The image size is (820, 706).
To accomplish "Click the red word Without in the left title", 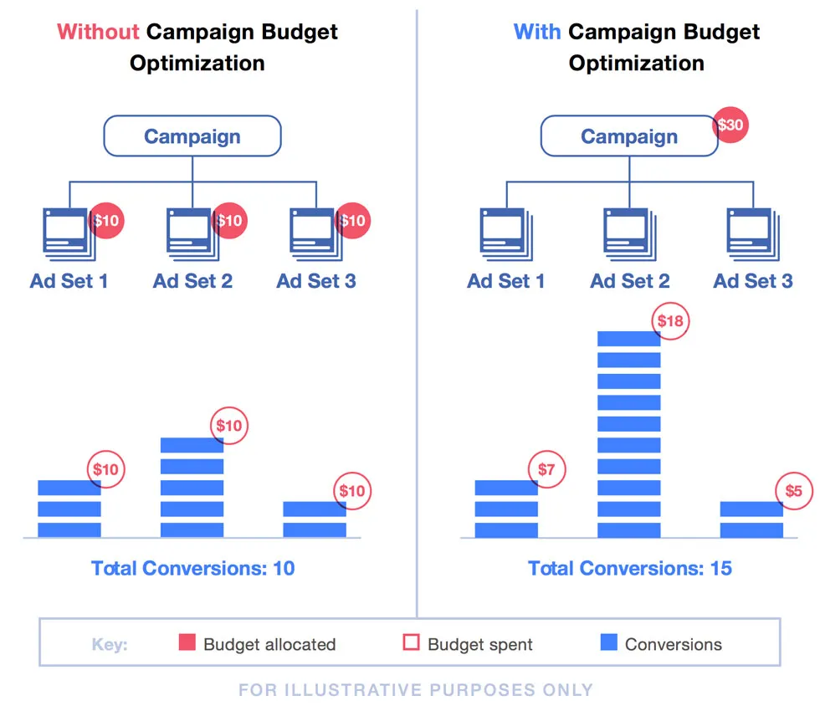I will pyautogui.click(x=98, y=33).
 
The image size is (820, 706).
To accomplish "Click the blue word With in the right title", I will pyautogui.click(x=537, y=33).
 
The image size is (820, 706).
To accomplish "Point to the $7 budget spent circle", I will pyautogui.click(x=546, y=470).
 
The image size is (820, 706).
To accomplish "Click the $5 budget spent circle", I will pyautogui.click(x=793, y=490).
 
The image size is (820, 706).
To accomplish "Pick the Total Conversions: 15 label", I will pyautogui.click(x=630, y=569).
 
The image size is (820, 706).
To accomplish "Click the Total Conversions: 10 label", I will pyautogui.click(x=192, y=569).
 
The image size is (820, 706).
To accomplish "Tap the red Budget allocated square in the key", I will pyautogui.click(x=187, y=642).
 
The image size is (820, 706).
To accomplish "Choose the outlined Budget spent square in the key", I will pyautogui.click(x=411, y=642).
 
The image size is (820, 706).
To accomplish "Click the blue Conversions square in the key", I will pyautogui.click(x=609, y=642).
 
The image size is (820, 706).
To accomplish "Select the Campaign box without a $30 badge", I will pyautogui.click(x=192, y=136).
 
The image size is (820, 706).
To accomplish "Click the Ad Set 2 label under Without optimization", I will pyautogui.click(x=192, y=281).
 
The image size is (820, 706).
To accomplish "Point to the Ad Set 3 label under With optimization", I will pyautogui.click(x=753, y=281).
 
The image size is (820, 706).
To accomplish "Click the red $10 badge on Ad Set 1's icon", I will pyautogui.click(x=106, y=222).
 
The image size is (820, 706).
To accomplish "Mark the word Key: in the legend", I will pyautogui.click(x=110, y=644).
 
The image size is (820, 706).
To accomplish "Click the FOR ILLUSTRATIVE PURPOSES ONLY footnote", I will pyautogui.click(x=416, y=690).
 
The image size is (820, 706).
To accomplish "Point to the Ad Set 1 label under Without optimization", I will pyautogui.click(x=69, y=281).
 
